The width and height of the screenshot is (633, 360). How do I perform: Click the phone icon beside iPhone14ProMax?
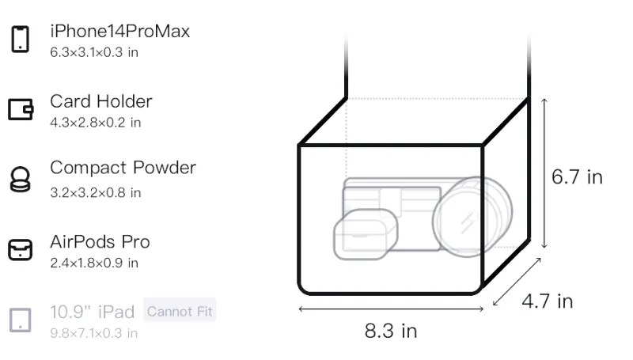[x=21, y=39]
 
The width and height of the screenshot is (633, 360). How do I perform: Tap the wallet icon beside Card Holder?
[x=21, y=109]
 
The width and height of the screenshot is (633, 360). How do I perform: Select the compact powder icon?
[x=20, y=179]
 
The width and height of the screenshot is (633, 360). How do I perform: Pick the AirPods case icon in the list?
[x=21, y=250]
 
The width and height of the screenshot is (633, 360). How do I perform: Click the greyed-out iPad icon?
[x=21, y=320]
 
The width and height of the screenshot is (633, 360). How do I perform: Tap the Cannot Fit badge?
[x=180, y=311]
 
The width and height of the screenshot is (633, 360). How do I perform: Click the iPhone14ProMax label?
[x=120, y=31]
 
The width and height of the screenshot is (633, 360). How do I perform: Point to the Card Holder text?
[x=101, y=101]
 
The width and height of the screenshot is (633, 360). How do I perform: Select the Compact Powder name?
[x=123, y=168]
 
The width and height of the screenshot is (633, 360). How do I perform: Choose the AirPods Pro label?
[x=100, y=242]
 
